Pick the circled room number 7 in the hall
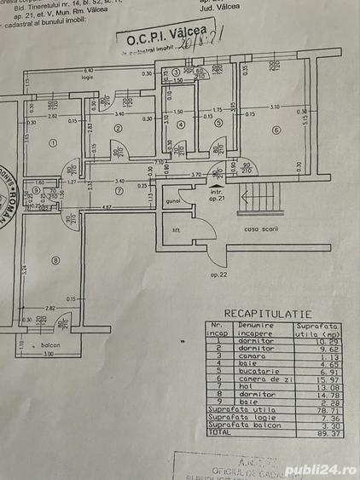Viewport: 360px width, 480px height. click(119, 190)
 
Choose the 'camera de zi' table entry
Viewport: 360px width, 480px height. click(258, 379)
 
